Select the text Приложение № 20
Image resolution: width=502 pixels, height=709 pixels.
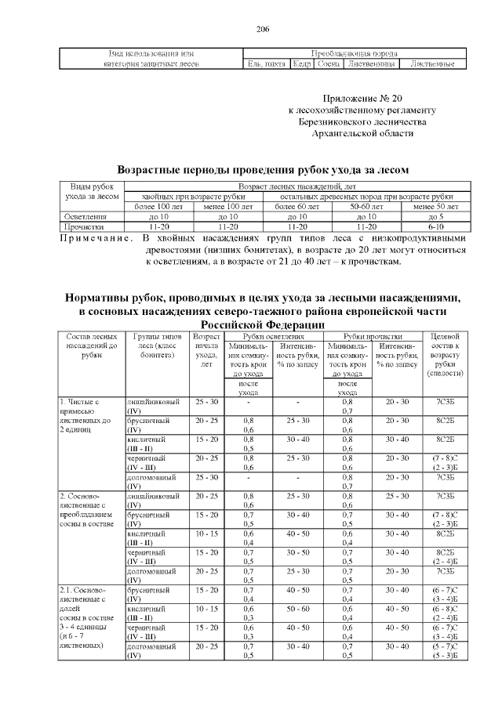click(362, 99)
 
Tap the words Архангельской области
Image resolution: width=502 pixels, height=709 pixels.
click(362, 134)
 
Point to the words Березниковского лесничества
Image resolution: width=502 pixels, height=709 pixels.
click(362, 122)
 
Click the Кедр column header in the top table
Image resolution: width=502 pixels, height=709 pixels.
click(301, 63)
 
